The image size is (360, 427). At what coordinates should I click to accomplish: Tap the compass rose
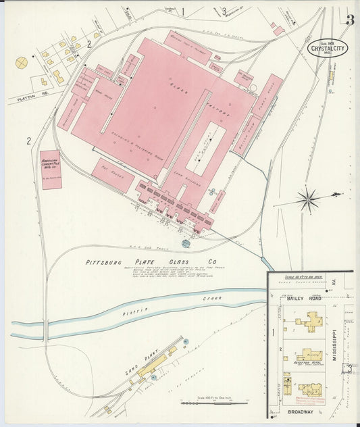tap(309, 199)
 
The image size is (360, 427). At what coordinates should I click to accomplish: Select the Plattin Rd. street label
tap(25, 99)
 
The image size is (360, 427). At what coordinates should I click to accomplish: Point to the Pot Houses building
tap(113, 175)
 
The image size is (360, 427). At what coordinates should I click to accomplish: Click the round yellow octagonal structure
tap(22, 62)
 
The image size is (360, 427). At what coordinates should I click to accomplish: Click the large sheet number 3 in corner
tap(350, 20)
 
